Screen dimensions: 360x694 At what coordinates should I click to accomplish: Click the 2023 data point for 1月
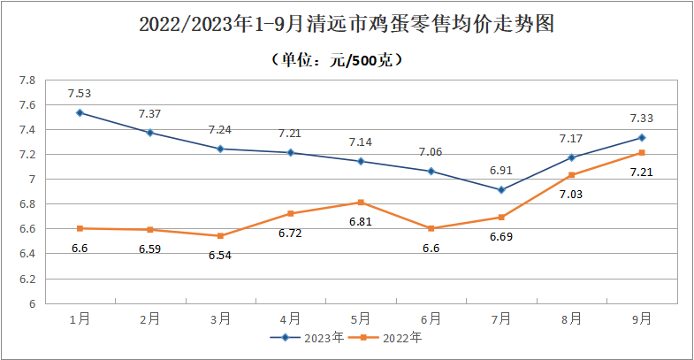coord(80,112)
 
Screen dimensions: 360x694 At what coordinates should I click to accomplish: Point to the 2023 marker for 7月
coord(501,189)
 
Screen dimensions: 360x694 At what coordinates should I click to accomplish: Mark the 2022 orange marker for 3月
coord(220,236)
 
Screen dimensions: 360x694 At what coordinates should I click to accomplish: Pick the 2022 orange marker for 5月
coord(361,203)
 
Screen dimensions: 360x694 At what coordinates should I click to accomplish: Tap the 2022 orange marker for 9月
coord(642,152)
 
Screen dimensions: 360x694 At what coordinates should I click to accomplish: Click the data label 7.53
coord(80,92)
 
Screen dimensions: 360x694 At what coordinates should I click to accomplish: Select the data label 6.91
coord(501,169)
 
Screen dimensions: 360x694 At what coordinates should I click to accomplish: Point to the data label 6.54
coord(220,255)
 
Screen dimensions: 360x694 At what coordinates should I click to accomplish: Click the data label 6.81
coord(361,221)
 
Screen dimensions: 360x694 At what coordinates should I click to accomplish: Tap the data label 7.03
coord(572,194)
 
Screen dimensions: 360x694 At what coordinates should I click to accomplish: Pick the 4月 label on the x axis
coord(291,317)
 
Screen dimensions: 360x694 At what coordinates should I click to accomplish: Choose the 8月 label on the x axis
coord(572,317)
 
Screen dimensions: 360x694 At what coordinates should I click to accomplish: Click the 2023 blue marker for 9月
coord(642,137)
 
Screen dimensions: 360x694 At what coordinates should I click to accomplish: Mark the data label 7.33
coord(642,118)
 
